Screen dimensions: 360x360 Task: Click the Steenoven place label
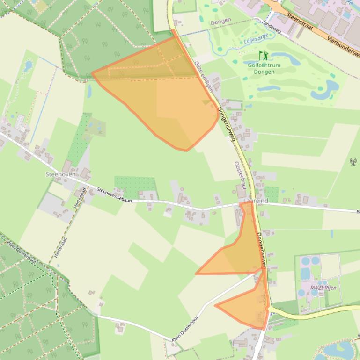pyautogui.click(x=60, y=174)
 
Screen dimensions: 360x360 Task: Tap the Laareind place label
pyautogui.click(x=256, y=200)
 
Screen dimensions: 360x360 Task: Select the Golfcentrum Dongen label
pyautogui.click(x=264, y=68)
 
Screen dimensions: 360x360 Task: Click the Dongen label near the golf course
pyautogui.click(x=220, y=22)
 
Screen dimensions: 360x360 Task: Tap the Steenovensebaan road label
pyautogui.click(x=115, y=194)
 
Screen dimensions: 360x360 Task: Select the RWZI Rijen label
pyautogui.click(x=323, y=288)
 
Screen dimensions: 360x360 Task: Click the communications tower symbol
pyautogui.click(x=353, y=162)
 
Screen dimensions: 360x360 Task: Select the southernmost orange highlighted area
pyautogui.click(x=248, y=306)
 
